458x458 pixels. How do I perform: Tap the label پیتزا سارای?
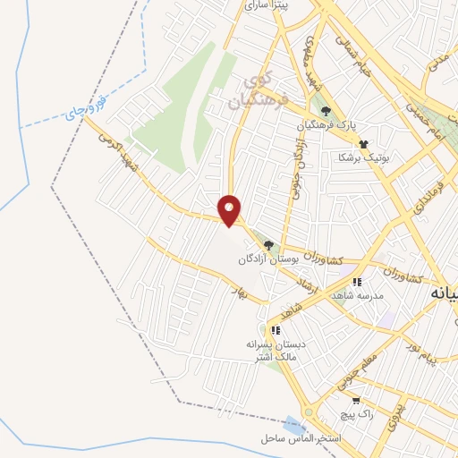(x=269, y=5)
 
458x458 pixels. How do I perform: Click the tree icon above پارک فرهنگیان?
(x=327, y=112)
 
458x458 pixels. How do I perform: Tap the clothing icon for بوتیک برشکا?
(x=363, y=143)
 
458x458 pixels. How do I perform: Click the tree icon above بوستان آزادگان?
(x=267, y=244)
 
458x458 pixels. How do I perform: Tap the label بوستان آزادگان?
(x=267, y=259)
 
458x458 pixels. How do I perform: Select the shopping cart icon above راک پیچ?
(x=357, y=401)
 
